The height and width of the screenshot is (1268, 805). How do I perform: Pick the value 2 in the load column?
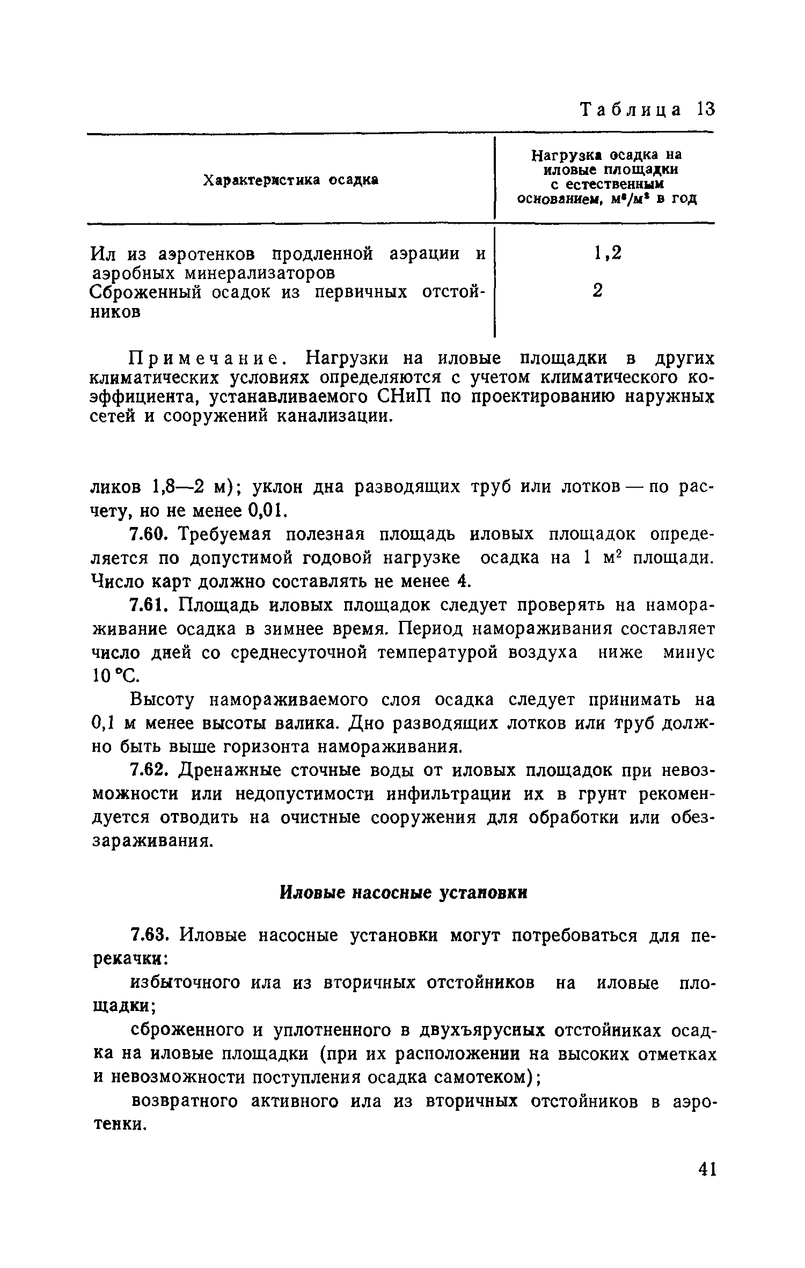coord(597,291)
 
